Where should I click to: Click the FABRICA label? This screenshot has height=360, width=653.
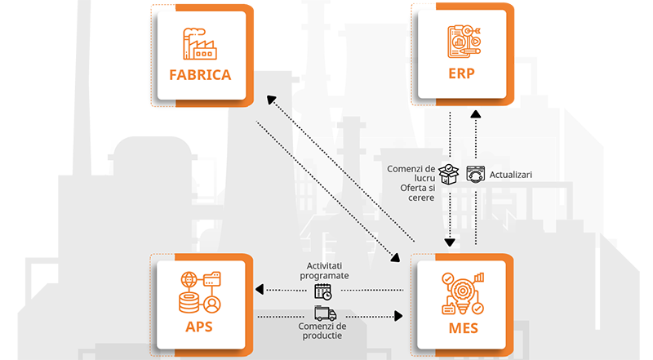pyautogui.click(x=200, y=75)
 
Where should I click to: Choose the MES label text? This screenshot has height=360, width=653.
pyautogui.click(x=462, y=330)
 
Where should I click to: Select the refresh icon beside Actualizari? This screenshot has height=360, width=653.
pyautogui.click(x=475, y=174)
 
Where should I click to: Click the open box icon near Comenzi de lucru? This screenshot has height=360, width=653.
pyautogui.click(x=450, y=173)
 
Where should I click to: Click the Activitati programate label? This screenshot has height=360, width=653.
pyautogui.click(x=328, y=270)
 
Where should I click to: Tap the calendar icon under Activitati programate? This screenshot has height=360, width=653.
pyautogui.click(x=322, y=291)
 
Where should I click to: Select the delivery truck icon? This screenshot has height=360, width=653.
pyautogui.click(x=324, y=313)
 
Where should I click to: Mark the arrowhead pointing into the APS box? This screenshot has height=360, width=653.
pyautogui.click(x=260, y=291)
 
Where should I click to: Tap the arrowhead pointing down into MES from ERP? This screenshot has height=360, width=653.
pyautogui.click(x=449, y=242)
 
